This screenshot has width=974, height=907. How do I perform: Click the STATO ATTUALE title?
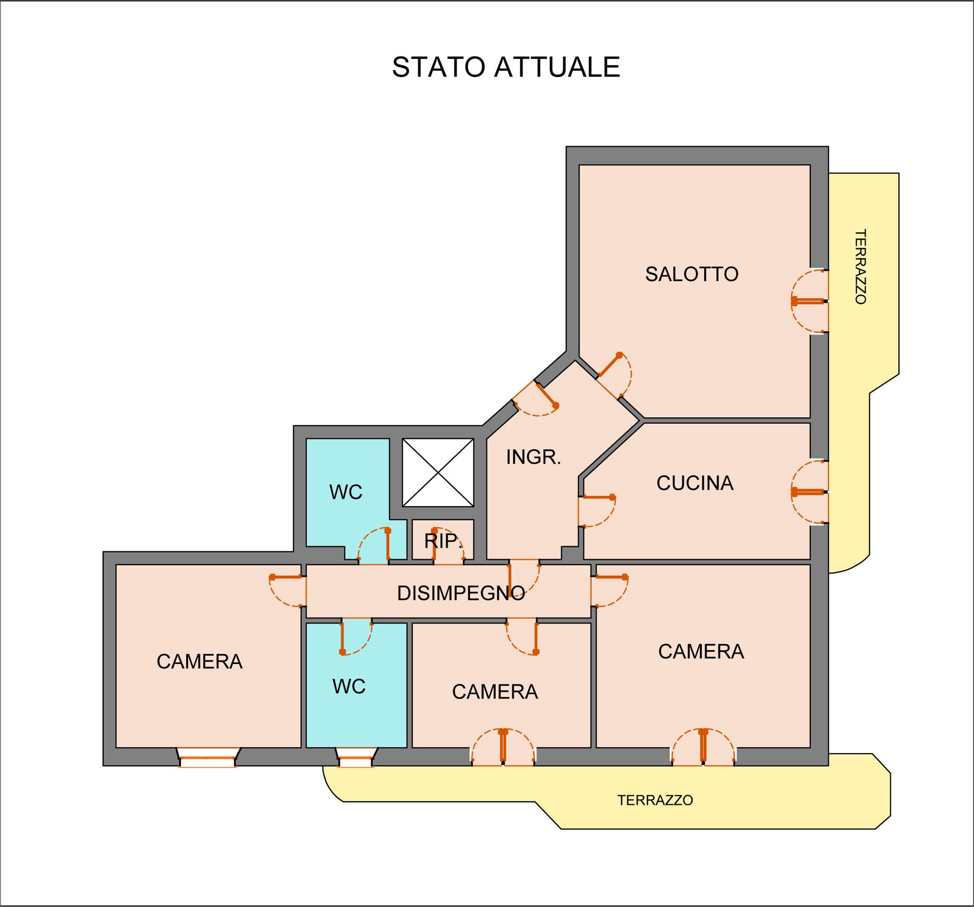pos(506,67)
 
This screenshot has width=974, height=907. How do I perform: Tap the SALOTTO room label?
pos(692,274)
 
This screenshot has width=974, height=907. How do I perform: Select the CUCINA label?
pos(695,484)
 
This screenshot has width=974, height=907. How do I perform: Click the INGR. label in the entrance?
pos(534,457)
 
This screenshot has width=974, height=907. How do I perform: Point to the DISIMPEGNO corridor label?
pos(461,593)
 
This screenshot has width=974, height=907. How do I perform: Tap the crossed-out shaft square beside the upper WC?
pos(438,472)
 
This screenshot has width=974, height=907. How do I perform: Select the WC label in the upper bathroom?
pos(346,492)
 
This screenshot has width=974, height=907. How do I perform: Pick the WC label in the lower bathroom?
pos(349,686)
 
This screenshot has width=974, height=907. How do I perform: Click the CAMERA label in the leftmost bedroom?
pos(199,661)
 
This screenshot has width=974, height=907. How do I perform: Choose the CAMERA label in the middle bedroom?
pos(495,692)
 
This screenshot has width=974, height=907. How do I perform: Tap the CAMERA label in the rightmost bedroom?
pos(701,652)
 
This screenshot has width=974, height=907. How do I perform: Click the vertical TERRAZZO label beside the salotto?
pos(861,266)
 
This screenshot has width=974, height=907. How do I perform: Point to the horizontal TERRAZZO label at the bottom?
pos(655,800)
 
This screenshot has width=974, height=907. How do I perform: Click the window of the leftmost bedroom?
pos(208,757)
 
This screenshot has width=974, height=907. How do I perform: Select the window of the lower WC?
pos(356,757)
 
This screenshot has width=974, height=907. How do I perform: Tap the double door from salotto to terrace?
pos(809,302)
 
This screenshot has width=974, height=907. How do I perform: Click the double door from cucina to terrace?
pos(809,491)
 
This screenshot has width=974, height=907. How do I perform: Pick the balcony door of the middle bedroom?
pos(503,747)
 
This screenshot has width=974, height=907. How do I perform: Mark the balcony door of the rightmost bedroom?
pos(703,747)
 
